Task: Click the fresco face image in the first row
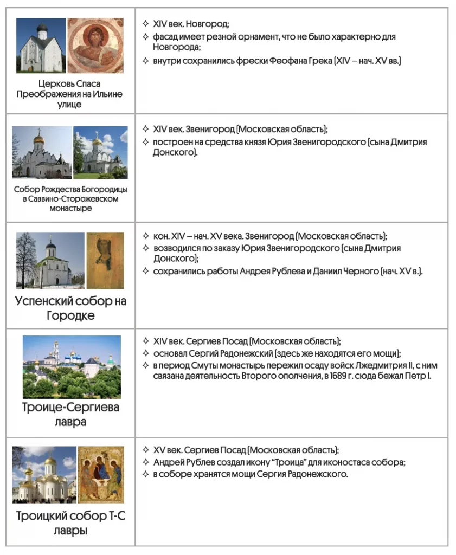click(95, 46)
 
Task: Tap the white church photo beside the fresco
click(41, 46)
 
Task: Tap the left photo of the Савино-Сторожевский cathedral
click(42, 152)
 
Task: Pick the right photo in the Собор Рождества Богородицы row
click(100, 152)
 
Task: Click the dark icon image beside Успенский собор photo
click(105, 260)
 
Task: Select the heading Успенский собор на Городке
click(70, 308)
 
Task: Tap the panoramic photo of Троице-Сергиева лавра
click(72, 366)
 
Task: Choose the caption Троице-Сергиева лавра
click(70, 414)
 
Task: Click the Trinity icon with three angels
click(101, 474)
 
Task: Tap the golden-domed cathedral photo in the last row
click(44, 474)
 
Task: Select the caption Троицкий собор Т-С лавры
click(70, 522)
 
